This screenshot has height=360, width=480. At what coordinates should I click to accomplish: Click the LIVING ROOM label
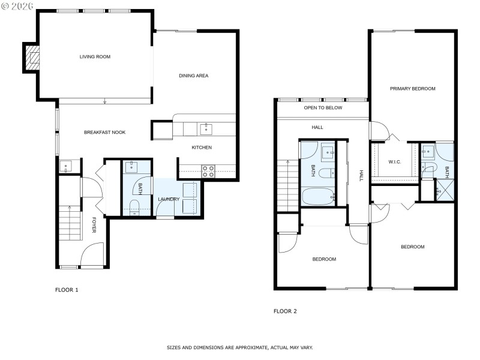point(95,57)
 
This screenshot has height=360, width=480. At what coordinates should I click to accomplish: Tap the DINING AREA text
point(193,76)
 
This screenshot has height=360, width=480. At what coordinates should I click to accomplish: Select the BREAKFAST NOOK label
point(104,132)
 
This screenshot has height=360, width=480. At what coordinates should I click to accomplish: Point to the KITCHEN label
point(202,148)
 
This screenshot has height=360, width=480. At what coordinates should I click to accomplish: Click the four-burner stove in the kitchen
point(208,171)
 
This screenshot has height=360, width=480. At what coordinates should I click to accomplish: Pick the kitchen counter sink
point(206,128)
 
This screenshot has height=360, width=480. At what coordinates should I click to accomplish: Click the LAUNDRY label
point(169,199)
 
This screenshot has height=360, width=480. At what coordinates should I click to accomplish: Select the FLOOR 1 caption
point(67,290)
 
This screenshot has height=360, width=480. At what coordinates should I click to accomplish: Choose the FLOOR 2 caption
point(285,311)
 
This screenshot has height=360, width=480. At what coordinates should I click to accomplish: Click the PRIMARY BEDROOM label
point(412,88)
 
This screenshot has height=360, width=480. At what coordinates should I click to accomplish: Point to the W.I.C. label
point(395,161)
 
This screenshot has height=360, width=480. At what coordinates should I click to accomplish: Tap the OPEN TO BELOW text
point(323,108)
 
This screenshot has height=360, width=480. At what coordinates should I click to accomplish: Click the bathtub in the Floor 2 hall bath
point(318,196)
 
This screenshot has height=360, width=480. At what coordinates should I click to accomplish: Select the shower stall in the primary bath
point(445,191)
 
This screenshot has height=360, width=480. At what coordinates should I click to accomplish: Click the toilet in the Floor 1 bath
point(134,208)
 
